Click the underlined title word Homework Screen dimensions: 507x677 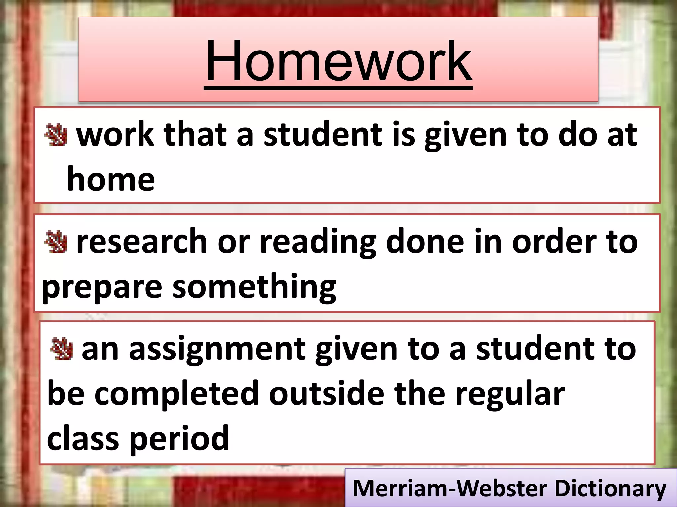tap(338, 61)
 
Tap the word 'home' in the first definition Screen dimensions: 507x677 tap(111, 179)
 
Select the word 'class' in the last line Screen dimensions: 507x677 tap(83, 438)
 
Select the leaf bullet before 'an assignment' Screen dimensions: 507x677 tap(61, 349)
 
